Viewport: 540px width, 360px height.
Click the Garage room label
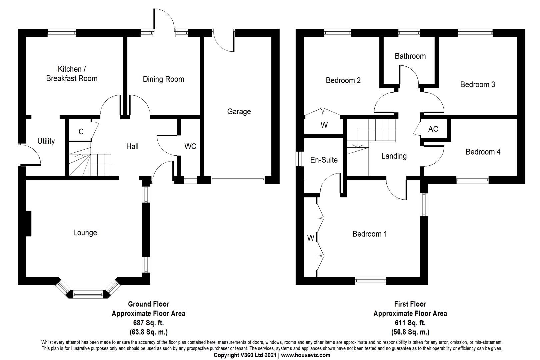(239, 112)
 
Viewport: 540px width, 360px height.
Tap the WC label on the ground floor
(190, 146)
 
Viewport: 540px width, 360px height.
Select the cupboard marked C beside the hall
(81, 132)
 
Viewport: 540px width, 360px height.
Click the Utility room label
(46, 141)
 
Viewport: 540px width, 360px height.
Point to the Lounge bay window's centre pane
(88, 294)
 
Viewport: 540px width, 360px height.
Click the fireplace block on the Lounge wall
(28, 223)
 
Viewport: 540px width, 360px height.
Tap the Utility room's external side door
(29, 154)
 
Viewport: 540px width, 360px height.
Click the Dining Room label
(163, 79)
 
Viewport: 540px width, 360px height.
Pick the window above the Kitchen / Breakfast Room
(62, 32)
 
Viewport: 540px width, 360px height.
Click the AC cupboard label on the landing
(433, 129)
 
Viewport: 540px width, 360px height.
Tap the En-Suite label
(324, 160)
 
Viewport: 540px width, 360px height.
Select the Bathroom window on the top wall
(409, 32)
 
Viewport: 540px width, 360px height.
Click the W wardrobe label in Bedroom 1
(310, 238)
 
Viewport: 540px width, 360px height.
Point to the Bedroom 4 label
(483, 152)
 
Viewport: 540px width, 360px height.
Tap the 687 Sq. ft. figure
(148, 323)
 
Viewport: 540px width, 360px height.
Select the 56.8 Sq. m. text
(410, 332)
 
